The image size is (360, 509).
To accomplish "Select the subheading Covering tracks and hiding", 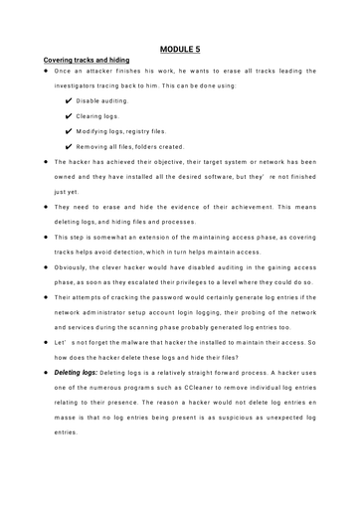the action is coord(85,61).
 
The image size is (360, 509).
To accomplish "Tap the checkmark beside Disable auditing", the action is coord(67,100).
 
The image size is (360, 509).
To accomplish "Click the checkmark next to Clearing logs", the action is coord(67,115).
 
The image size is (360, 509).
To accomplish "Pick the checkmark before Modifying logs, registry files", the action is coord(67,130).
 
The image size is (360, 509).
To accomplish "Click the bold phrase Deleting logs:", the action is coord(78,372).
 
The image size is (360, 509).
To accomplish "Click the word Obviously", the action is coord(74,267).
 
